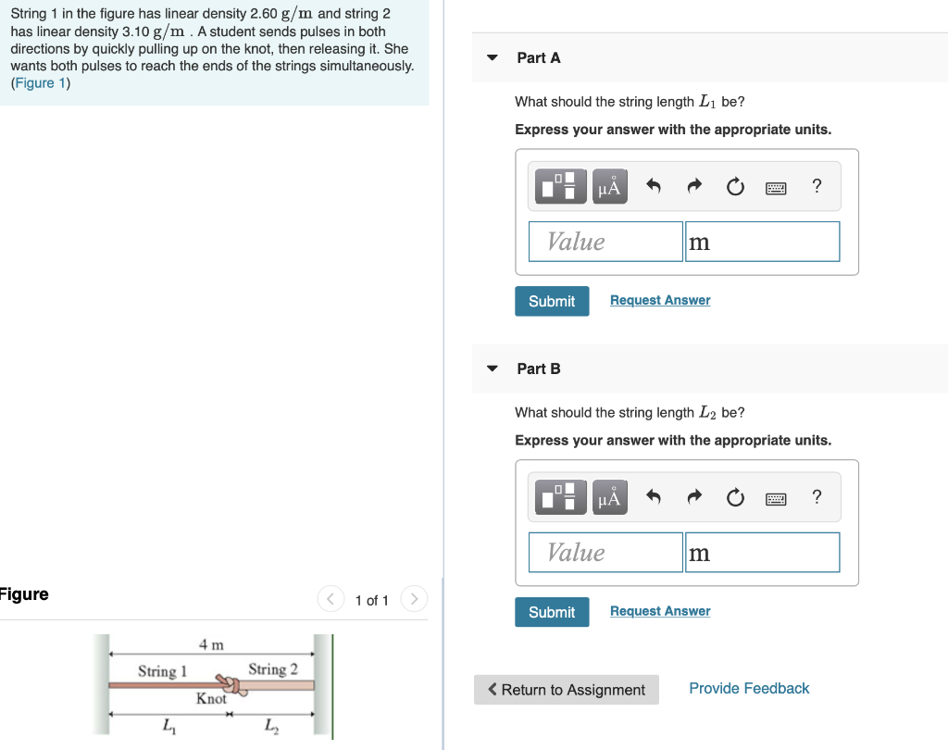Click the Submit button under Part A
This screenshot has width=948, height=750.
click(x=552, y=301)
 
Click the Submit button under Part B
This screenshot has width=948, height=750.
click(x=552, y=612)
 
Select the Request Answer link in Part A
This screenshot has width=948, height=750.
click(x=660, y=300)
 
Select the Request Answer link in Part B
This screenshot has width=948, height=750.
click(x=660, y=611)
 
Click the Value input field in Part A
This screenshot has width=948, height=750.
click(x=605, y=242)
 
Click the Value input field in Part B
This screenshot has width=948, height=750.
click(x=605, y=553)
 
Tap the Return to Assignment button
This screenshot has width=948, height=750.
click(x=566, y=690)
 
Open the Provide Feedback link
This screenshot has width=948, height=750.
click(x=749, y=688)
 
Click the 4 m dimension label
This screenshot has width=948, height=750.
click(x=211, y=644)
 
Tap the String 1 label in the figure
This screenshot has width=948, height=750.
click(x=162, y=670)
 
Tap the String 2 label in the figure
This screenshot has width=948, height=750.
click(x=273, y=669)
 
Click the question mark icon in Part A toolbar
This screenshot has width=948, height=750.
click(x=816, y=186)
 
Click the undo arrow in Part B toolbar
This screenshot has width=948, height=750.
click(x=653, y=498)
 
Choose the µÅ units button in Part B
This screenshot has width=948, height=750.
click(x=608, y=498)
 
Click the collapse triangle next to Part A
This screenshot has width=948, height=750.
click(x=493, y=57)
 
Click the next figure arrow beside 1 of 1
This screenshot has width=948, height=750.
click(x=414, y=600)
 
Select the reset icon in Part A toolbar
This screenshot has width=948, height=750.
click(x=734, y=187)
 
